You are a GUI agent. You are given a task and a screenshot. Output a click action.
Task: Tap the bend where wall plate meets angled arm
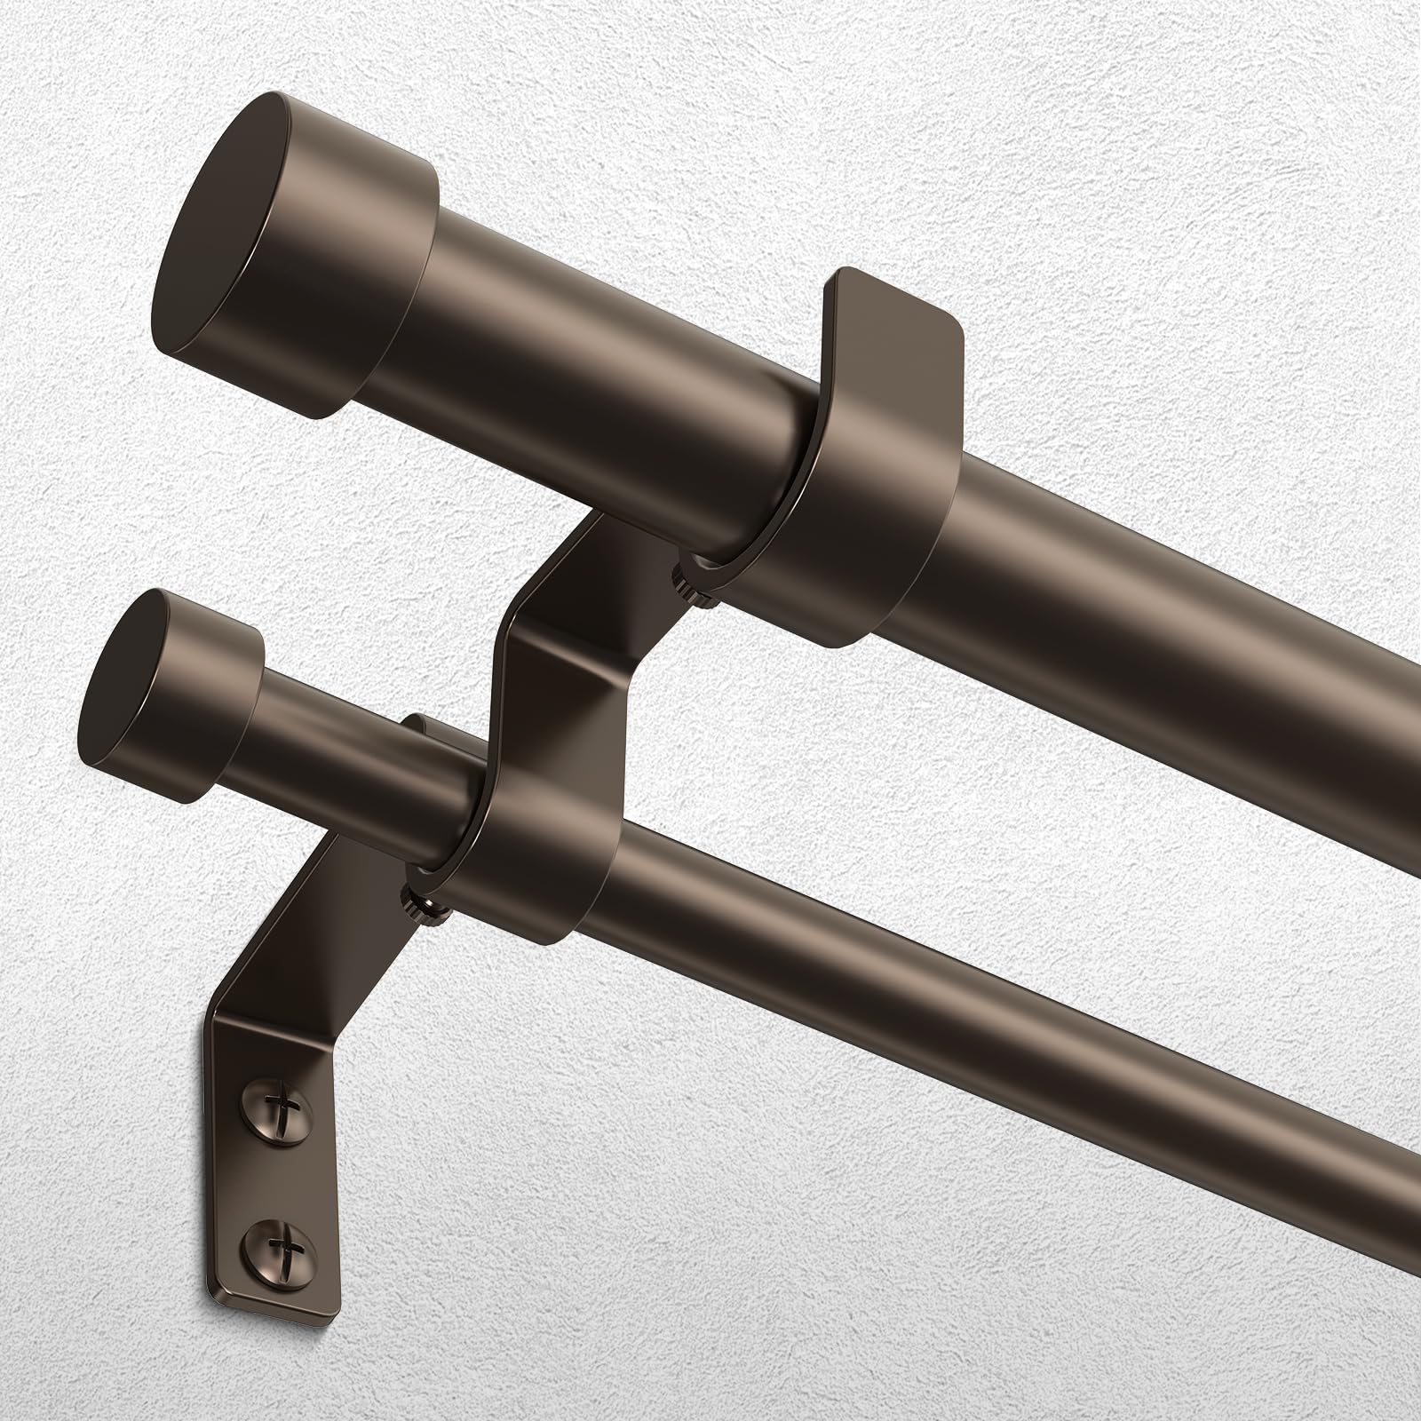coord(240,1030)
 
